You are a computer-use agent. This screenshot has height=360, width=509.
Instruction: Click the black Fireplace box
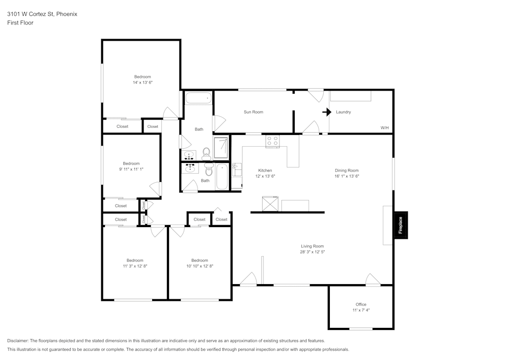tap(401, 225)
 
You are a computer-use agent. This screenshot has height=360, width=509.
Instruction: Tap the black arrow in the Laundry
tap(326, 112)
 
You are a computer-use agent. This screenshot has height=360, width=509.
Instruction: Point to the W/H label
tap(384, 128)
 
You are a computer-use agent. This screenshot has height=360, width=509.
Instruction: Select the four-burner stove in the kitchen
tap(272, 141)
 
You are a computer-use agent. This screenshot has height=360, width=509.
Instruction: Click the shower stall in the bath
tap(221, 148)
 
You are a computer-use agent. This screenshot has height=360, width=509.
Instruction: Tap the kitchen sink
tap(237, 169)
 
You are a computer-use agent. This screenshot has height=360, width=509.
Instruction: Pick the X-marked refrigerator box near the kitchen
tap(270, 204)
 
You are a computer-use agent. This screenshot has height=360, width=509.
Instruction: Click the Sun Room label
tap(253, 112)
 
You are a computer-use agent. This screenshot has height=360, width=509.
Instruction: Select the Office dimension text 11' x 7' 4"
tap(360, 310)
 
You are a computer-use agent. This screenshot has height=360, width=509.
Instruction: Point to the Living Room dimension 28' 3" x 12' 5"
tap(312, 252)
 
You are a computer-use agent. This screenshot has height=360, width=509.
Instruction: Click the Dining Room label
tap(346, 171)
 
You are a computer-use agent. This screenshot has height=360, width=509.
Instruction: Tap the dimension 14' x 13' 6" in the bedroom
tap(143, 82)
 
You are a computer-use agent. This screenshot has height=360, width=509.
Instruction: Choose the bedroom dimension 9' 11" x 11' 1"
tap(131, 169)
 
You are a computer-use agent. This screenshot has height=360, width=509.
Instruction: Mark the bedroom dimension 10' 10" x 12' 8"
tap(199, 266)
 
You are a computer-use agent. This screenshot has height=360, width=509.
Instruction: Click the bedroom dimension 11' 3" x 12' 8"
tap(135, 266)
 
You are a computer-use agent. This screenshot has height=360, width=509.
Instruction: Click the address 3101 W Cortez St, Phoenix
tap(42, 14)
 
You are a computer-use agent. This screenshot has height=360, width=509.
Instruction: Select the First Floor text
tap(20, 23)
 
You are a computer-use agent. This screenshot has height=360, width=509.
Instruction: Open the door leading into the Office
tap(373, 280)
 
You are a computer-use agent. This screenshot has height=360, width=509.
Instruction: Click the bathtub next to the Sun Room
tap(198, 98)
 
